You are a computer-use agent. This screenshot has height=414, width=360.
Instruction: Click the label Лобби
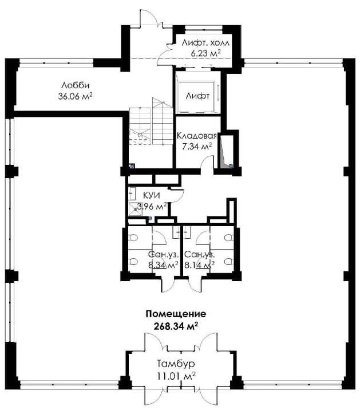click(76, 85)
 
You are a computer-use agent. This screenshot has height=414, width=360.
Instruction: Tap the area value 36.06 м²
click(75, 96)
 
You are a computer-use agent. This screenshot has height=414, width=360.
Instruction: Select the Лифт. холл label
click(205, 43)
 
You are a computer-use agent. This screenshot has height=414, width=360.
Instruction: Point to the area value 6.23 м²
click(206, 53)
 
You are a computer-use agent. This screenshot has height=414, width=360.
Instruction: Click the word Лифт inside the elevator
click(197, 96)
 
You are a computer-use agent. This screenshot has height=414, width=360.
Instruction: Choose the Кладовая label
click(197, 136)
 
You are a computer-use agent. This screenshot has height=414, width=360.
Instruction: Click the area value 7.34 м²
click(197, 146)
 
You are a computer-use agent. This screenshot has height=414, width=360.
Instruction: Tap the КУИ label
click(152, 195)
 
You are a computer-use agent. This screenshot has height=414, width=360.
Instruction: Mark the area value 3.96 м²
click(152, 206)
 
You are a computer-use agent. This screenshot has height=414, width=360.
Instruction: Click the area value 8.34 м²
click(163, 265)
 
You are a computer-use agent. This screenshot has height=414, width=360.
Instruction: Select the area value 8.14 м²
click(199, 265)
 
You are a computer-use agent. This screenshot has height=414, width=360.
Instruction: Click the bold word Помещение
click(176, 314)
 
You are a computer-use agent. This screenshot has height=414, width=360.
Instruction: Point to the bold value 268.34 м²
click(176, 326)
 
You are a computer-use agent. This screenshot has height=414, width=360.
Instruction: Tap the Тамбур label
click(176, 364)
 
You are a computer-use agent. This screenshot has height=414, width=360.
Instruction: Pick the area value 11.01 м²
click(176, 375)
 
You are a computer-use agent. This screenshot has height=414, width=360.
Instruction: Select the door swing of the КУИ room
click(177, 196)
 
